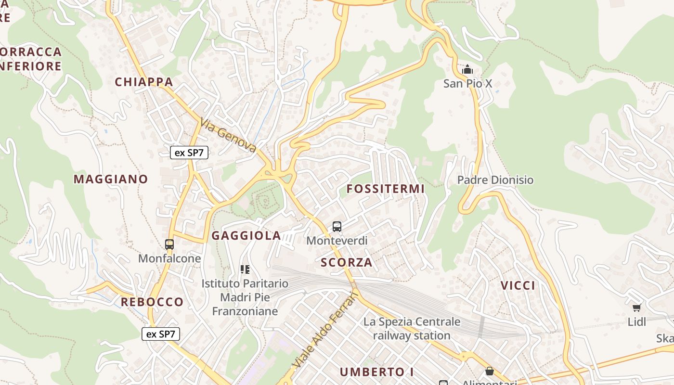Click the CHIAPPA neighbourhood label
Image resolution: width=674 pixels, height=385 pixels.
[143, 82]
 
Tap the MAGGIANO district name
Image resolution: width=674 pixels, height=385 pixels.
[111, 179]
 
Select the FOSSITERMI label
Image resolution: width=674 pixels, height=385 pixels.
[386, 189]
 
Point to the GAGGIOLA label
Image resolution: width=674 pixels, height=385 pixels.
[246, 235]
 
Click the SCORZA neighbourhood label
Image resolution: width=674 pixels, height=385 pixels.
[347, 262]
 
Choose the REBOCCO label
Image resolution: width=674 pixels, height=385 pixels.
[152, 302]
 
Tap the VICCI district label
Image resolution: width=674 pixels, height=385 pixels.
[518, 285]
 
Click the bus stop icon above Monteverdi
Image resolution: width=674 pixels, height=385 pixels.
[337, 226]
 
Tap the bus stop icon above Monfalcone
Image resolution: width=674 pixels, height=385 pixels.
[169, 244]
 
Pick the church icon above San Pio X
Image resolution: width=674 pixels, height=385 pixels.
[467, 70]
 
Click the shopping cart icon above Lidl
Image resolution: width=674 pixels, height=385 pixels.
[637, 307]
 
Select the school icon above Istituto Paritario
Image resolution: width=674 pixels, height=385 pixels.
[245, 269]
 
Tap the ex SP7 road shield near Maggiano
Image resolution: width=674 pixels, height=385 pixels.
[189, 153]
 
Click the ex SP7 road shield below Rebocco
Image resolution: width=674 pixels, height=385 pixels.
[161, 334]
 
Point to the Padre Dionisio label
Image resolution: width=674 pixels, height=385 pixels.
[495, 180]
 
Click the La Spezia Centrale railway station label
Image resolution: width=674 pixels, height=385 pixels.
[412, 328]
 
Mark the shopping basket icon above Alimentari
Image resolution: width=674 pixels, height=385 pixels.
[490, 371]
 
